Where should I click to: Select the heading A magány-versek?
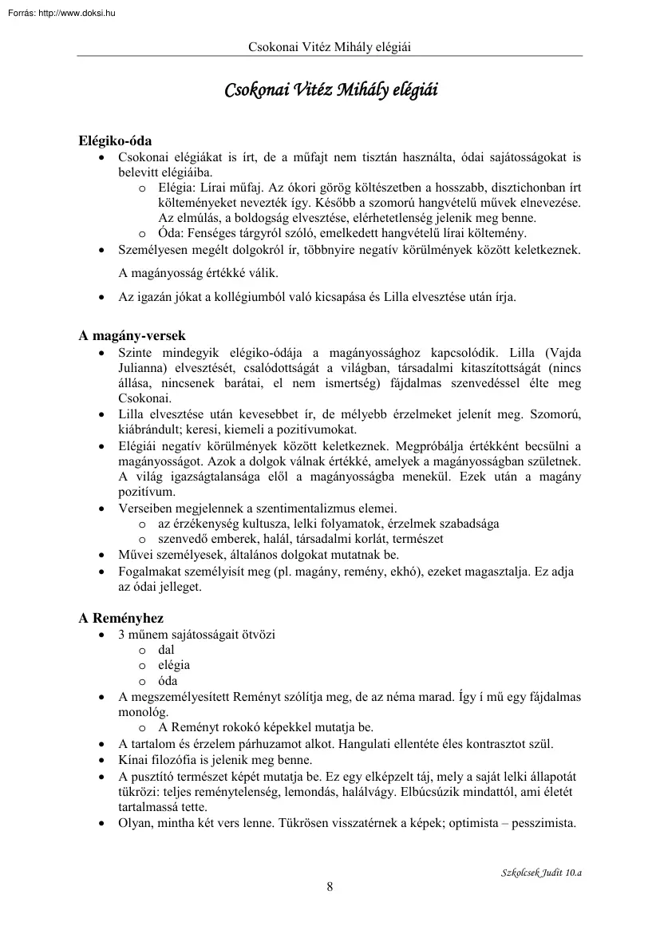(132, 336)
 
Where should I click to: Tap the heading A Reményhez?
(121, 619)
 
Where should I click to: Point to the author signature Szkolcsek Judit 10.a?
(536, 873)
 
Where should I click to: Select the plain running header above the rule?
(330, 47)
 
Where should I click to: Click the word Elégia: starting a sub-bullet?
(180, 188)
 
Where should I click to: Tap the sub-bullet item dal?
(166, 650)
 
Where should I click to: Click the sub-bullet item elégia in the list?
(174, 665)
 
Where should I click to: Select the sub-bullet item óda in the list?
(168, 681)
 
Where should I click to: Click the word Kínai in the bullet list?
(133, 759)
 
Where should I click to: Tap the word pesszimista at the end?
(547, 823)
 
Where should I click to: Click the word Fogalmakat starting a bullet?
(149, 572)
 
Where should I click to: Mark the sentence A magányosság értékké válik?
(199, 273)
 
